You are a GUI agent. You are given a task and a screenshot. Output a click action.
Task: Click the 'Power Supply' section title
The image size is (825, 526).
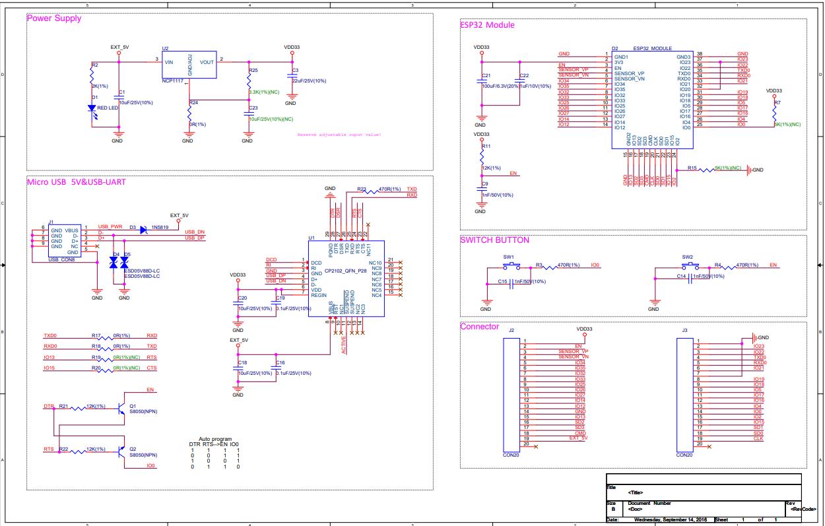(53, 18)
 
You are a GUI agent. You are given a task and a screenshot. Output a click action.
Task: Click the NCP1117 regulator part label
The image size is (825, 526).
(173, 81)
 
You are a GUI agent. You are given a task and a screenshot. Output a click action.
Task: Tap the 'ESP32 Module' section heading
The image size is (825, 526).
(487, 25)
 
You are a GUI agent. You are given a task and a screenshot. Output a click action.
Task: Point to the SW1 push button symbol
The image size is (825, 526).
(509, 265)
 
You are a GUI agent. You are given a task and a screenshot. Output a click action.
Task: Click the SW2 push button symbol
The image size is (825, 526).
(687, 265)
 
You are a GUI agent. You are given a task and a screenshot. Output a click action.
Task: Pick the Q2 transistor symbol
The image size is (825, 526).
(122, 451)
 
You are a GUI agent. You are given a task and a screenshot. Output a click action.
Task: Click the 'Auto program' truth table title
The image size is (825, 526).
(215, 439)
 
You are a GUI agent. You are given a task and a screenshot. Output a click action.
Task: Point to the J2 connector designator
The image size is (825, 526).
(511, 329)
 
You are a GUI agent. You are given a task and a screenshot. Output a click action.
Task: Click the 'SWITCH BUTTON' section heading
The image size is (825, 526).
(494, 240)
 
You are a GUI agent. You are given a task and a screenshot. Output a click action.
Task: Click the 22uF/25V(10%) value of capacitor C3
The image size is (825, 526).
(308, 81)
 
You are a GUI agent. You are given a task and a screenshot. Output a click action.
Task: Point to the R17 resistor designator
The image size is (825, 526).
(96, 335)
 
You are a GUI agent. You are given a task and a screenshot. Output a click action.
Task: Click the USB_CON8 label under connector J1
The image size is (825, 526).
(63, 259)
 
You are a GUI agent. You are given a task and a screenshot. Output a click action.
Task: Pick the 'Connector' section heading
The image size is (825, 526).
(479, 327)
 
